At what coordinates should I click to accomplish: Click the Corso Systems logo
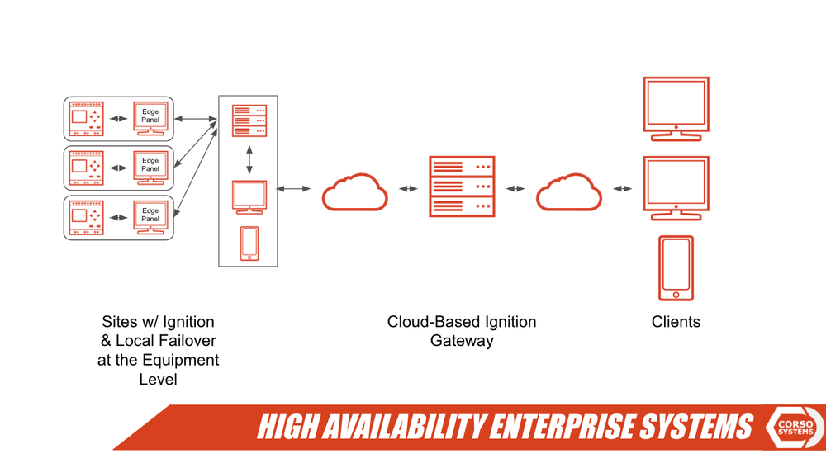pyautogui.click(x=795, y=427)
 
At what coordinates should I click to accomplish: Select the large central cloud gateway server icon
pyautogui.click(x=462, y=187)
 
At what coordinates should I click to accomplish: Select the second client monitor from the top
pyautogui.click(x=676, y=188)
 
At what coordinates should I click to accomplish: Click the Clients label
pyautogui.click(x=676, y=322)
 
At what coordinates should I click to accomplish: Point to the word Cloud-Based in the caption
pyautogui.click(x=426, y=322)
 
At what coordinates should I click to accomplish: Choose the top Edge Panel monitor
pyautogui.click(x=150, y=118)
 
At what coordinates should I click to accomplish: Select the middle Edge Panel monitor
pyautogui.click(x=150, y=168)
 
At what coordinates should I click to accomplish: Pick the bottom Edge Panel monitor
pyautogui.click(x=150, y=217)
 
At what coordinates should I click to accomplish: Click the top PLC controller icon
pyautogui.click(x=87, y=119)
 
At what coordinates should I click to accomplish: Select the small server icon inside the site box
pyautogui.click(x=249, y=120)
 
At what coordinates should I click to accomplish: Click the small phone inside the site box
pyautogui.click(x=249, y=243)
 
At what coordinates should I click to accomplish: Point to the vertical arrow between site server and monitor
pyautogui.click(x=249, y=160)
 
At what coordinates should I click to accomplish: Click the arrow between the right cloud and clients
pyautogui.click(x=622, y=189)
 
